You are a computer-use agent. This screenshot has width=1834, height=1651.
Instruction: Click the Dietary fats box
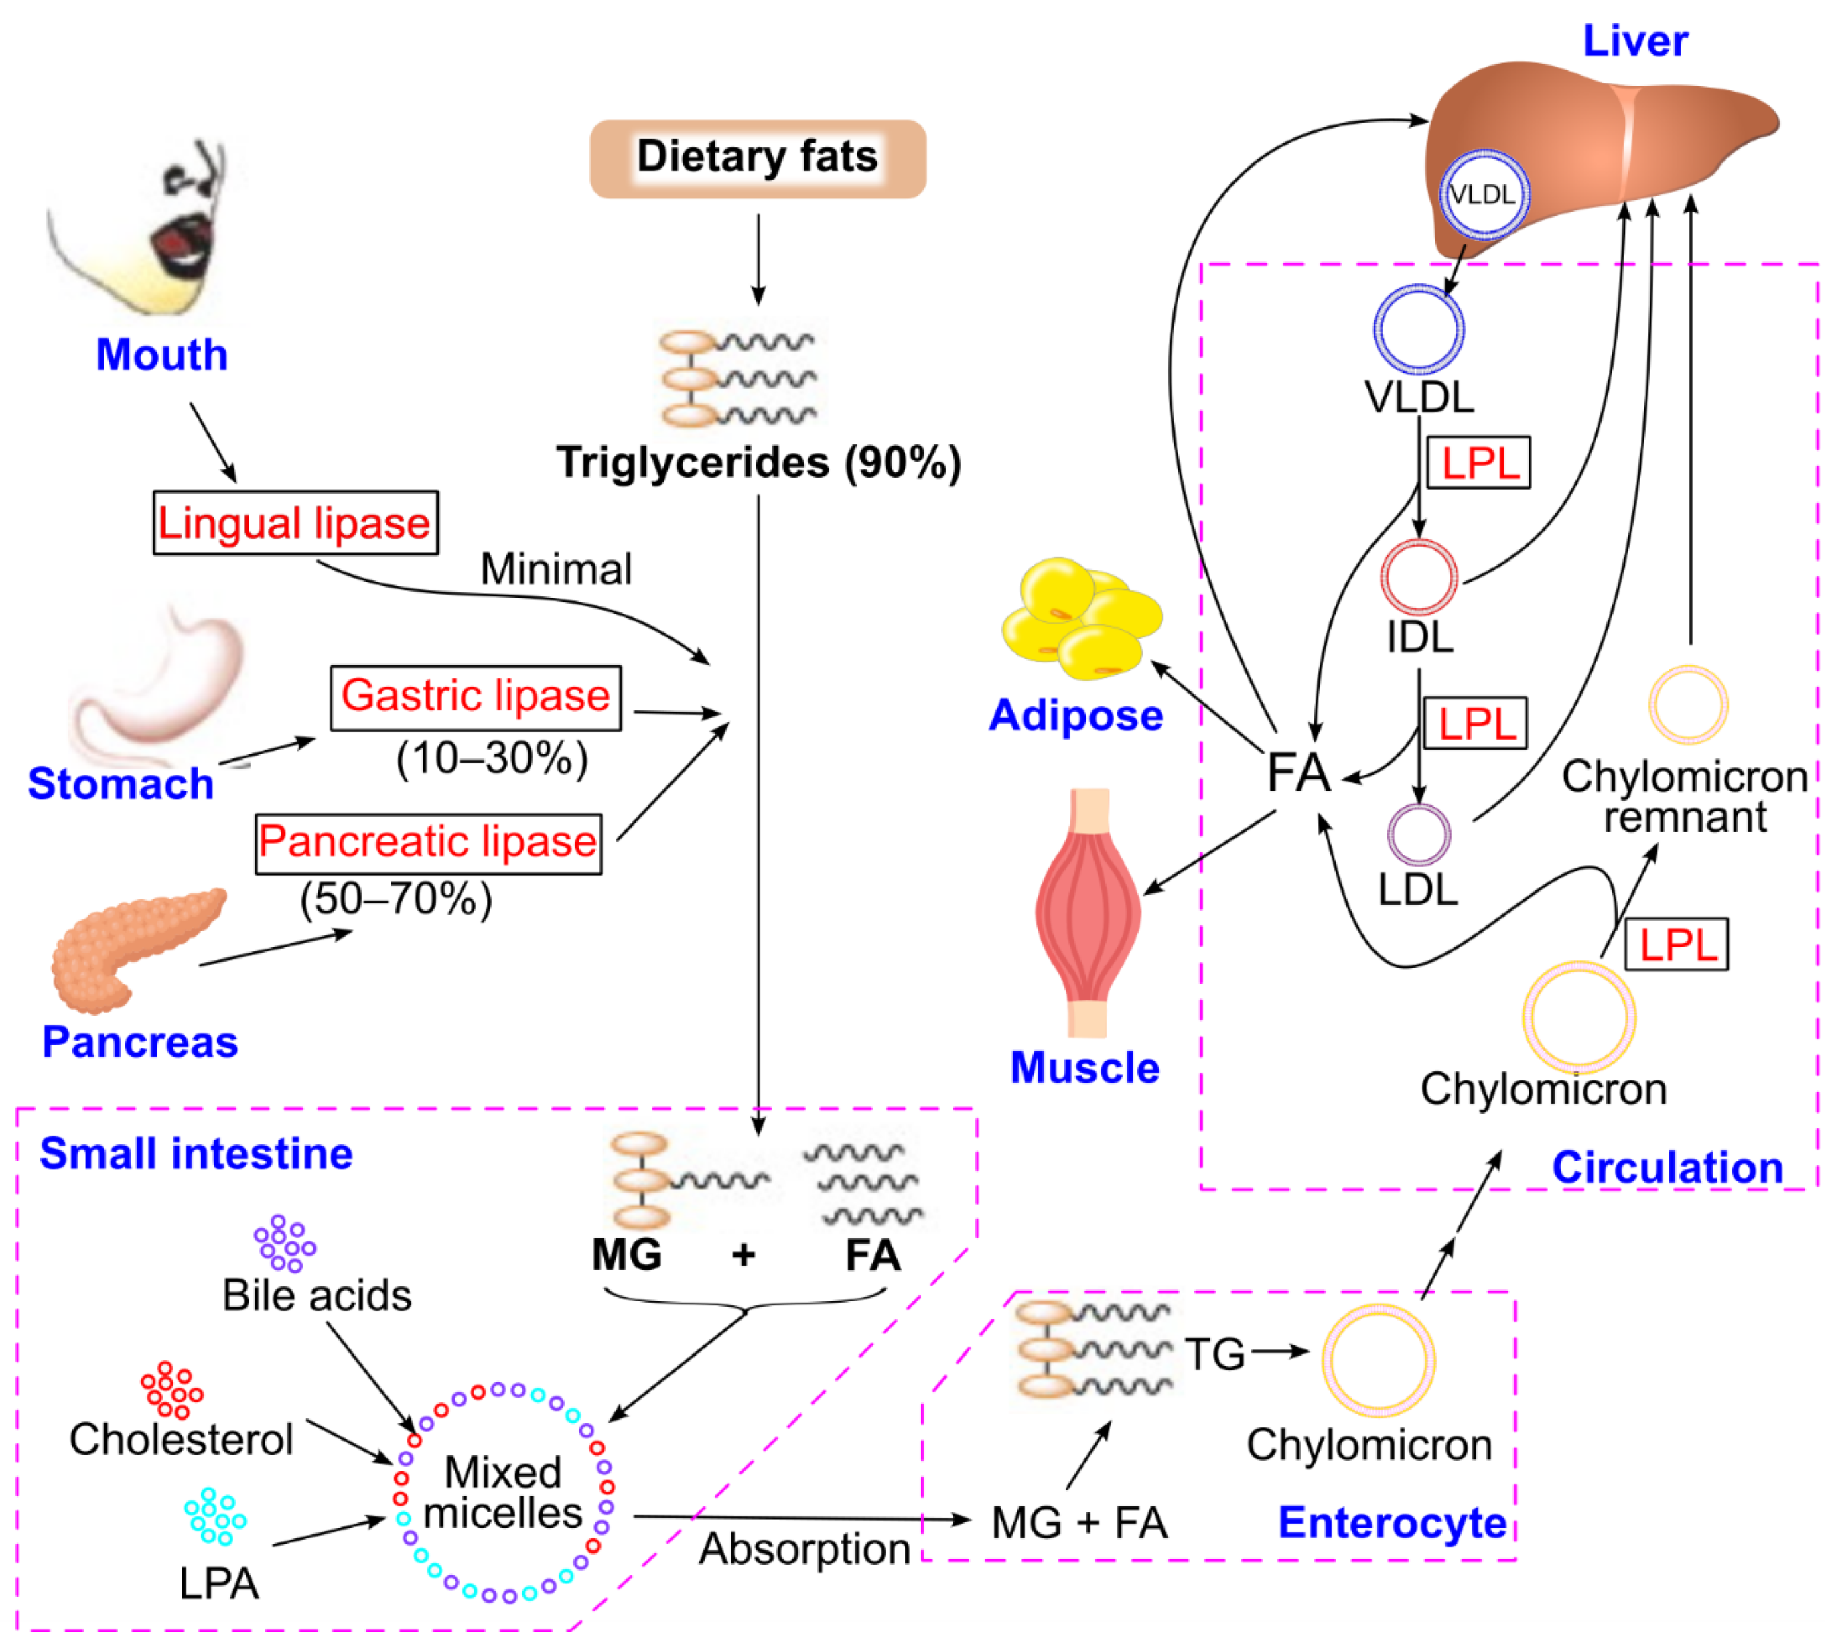pos(758,158)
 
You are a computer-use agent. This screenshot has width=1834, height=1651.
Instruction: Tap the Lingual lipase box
pos(295,523)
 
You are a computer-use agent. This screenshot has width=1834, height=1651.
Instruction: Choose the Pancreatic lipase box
pos(428,843)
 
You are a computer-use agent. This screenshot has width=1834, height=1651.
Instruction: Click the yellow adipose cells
pos(1081,620)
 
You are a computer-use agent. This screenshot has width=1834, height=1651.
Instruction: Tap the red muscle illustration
pos(1089,912)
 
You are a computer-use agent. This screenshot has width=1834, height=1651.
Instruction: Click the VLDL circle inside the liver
pos(1484,194)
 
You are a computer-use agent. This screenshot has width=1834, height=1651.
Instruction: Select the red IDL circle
pos(1419,577)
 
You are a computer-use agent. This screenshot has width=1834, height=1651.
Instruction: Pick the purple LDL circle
pos(1419,835)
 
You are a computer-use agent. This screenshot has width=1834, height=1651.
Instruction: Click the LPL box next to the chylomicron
pos(1676,944)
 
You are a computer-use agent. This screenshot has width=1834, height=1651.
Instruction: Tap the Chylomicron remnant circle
pos(1688,705)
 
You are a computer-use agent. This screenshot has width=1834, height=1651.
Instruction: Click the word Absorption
pos(804,1549)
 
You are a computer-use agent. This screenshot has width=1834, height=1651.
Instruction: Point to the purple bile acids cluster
pos(284,1244)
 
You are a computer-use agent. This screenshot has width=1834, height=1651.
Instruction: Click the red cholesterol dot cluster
pos(171,1390)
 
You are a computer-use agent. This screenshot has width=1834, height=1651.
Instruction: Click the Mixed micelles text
pos(504,1493)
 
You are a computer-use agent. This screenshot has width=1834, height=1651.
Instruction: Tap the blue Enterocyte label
pos(1391,1523)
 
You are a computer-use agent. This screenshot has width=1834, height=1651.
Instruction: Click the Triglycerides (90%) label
pos(758,462)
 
